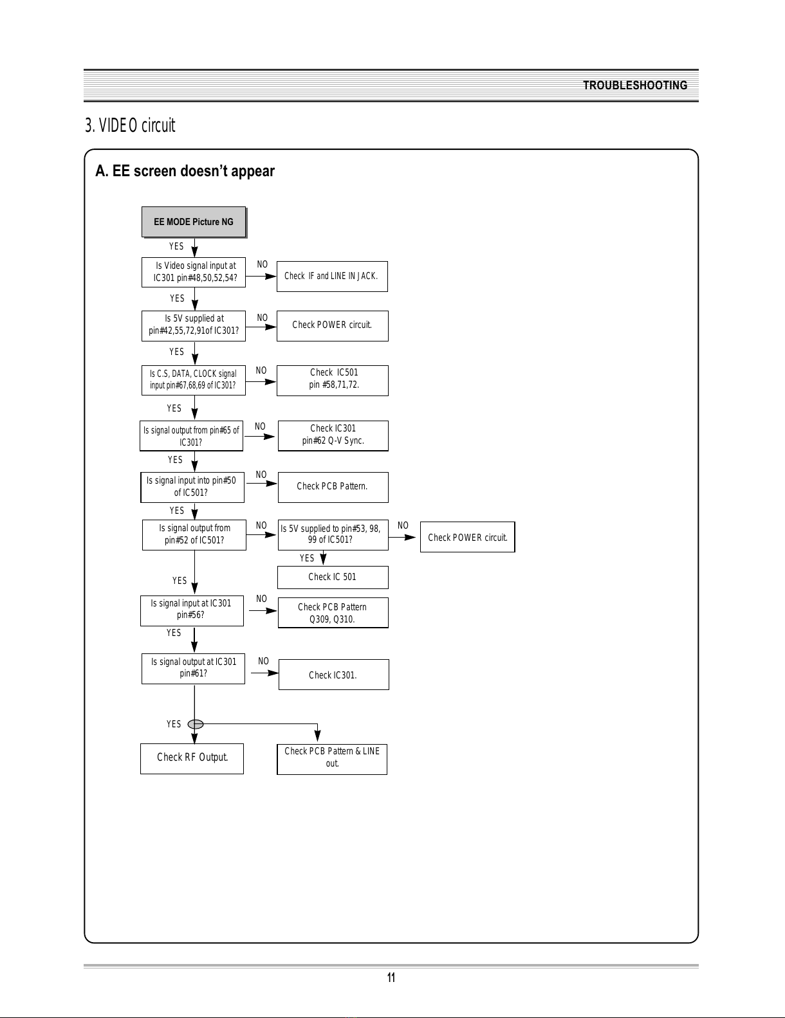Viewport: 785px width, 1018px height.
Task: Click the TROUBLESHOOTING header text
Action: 635,86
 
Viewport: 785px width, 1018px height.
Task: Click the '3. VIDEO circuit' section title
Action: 130,125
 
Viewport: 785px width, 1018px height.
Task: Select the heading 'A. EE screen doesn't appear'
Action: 185,171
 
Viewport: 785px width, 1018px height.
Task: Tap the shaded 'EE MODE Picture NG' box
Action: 194,222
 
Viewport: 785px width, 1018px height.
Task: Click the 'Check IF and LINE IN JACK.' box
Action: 332,277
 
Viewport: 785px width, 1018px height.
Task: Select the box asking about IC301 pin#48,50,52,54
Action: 194,272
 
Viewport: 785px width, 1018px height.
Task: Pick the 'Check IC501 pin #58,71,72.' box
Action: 332,381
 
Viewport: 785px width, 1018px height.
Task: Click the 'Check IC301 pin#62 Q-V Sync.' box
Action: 333,435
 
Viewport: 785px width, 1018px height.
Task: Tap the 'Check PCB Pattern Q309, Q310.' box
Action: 333,612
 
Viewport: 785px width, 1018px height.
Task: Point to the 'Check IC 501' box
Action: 333,577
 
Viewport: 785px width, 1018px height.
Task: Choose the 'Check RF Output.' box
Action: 192,758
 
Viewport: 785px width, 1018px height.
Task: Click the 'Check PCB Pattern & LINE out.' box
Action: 332,759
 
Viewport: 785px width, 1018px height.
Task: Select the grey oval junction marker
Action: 196,724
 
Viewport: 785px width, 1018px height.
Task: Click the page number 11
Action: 391,977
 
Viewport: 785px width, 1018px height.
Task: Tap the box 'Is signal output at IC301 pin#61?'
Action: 193,669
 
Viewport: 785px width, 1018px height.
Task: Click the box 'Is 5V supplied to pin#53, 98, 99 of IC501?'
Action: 333,534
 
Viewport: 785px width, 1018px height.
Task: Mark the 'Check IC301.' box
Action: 334,675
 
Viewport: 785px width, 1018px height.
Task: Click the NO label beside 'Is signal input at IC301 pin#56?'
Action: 261,599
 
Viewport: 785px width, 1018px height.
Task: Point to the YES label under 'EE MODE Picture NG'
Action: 176,246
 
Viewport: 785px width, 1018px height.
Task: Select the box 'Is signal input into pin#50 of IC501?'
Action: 192,487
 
